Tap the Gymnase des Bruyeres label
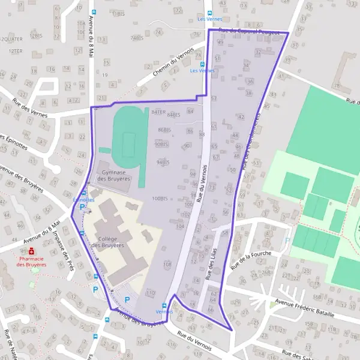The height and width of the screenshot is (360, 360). pyautogui.click(x=113, y=175)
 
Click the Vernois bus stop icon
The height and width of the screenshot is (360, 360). pyautogui.click(x=164, y=305)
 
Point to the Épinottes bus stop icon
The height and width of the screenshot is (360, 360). pyautogui.click(x=83, y=192)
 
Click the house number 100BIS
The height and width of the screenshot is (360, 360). pyautogui.click(x=159, y=198)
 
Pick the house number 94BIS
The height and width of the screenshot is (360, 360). pyautogui.click(x=163, y=162)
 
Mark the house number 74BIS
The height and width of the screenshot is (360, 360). pyautogui.click(x=137, y=38)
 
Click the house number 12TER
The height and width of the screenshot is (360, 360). pyautogui.click(x=15, y=51)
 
